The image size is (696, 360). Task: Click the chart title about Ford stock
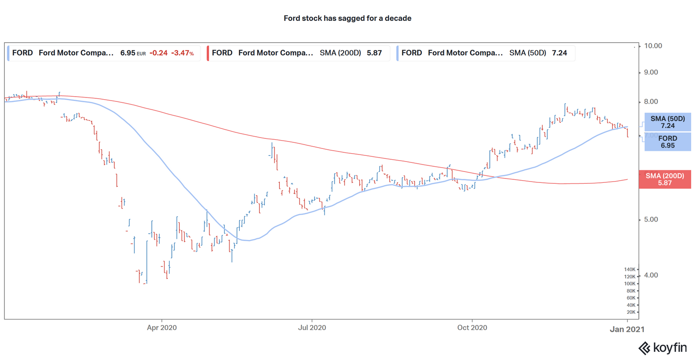pos(347,18)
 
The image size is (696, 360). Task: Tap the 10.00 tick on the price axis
pos(653,46)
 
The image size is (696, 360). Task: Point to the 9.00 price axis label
pos(651,72)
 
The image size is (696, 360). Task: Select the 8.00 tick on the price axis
pos(651,101)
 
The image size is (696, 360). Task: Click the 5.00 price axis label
pos(651,219)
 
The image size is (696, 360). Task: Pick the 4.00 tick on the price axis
pos(651,275)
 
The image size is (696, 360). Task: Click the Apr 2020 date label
pos(162,327)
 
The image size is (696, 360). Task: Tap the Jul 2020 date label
pos(312,327)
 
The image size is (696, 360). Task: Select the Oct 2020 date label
pos(472,327)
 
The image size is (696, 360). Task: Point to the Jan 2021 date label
pos(627,329)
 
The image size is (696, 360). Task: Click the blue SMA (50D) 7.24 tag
pos(667,122)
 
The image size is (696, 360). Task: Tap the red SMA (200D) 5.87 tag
pos(665,179)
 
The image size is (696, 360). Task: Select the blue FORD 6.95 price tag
pos(667,142)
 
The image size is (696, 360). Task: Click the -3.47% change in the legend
pos(182,53)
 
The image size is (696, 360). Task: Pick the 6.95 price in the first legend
pos(128,53)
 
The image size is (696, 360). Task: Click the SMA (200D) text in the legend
pos(340,53)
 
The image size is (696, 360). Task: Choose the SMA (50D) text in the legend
pos(528,53)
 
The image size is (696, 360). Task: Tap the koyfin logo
pos(663,348)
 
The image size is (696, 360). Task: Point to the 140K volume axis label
pos(629,269)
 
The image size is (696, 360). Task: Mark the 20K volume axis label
pos(631,312)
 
